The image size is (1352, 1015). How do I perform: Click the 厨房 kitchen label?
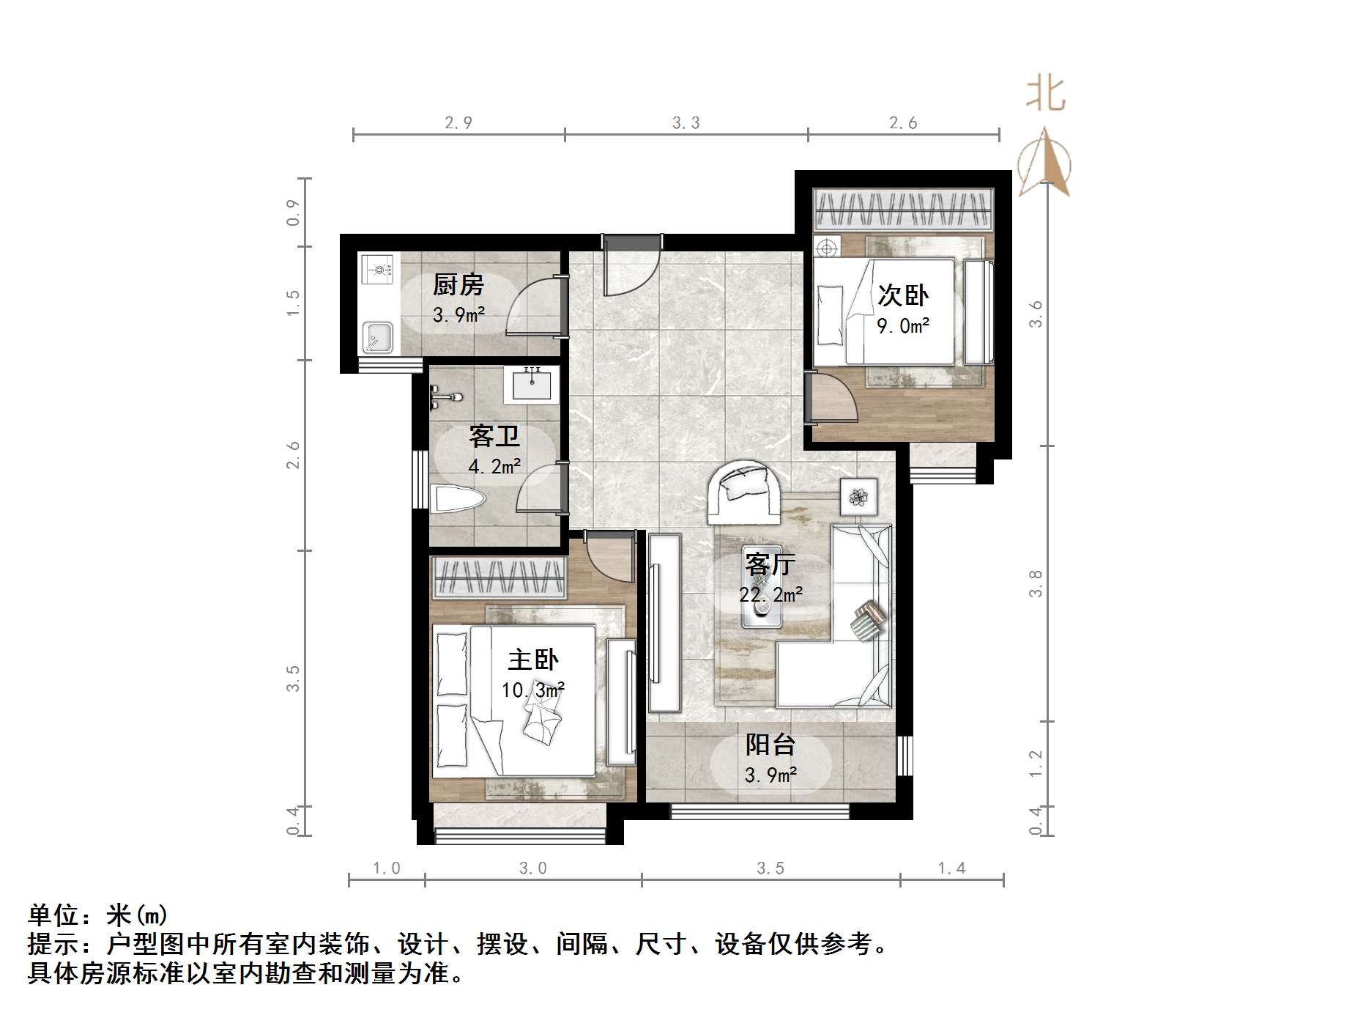458,284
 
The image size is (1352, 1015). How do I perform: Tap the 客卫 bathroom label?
494,437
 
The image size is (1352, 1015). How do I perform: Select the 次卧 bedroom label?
903,295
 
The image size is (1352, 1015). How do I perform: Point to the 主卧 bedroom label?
533,660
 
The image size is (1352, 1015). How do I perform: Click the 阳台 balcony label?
770,745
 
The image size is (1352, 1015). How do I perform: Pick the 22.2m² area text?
770,594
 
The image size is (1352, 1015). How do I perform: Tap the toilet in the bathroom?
459,500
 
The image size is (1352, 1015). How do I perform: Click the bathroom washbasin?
532,384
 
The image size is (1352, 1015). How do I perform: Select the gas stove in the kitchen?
378,269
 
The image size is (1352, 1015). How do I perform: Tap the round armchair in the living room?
743,492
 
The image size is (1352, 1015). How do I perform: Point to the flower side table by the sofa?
858,498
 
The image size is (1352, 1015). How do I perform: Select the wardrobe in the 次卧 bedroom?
903,210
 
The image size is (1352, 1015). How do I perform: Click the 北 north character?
1045,95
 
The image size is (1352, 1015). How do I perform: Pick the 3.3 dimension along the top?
686,123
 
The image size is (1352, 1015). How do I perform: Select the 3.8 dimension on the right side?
1035,583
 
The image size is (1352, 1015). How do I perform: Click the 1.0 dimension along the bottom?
387,868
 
